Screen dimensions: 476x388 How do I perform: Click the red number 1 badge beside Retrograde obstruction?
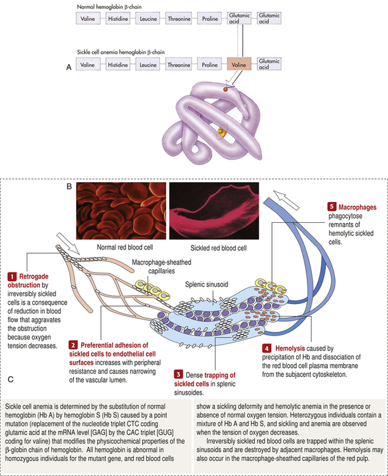11,277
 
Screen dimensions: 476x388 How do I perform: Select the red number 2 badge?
74,344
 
